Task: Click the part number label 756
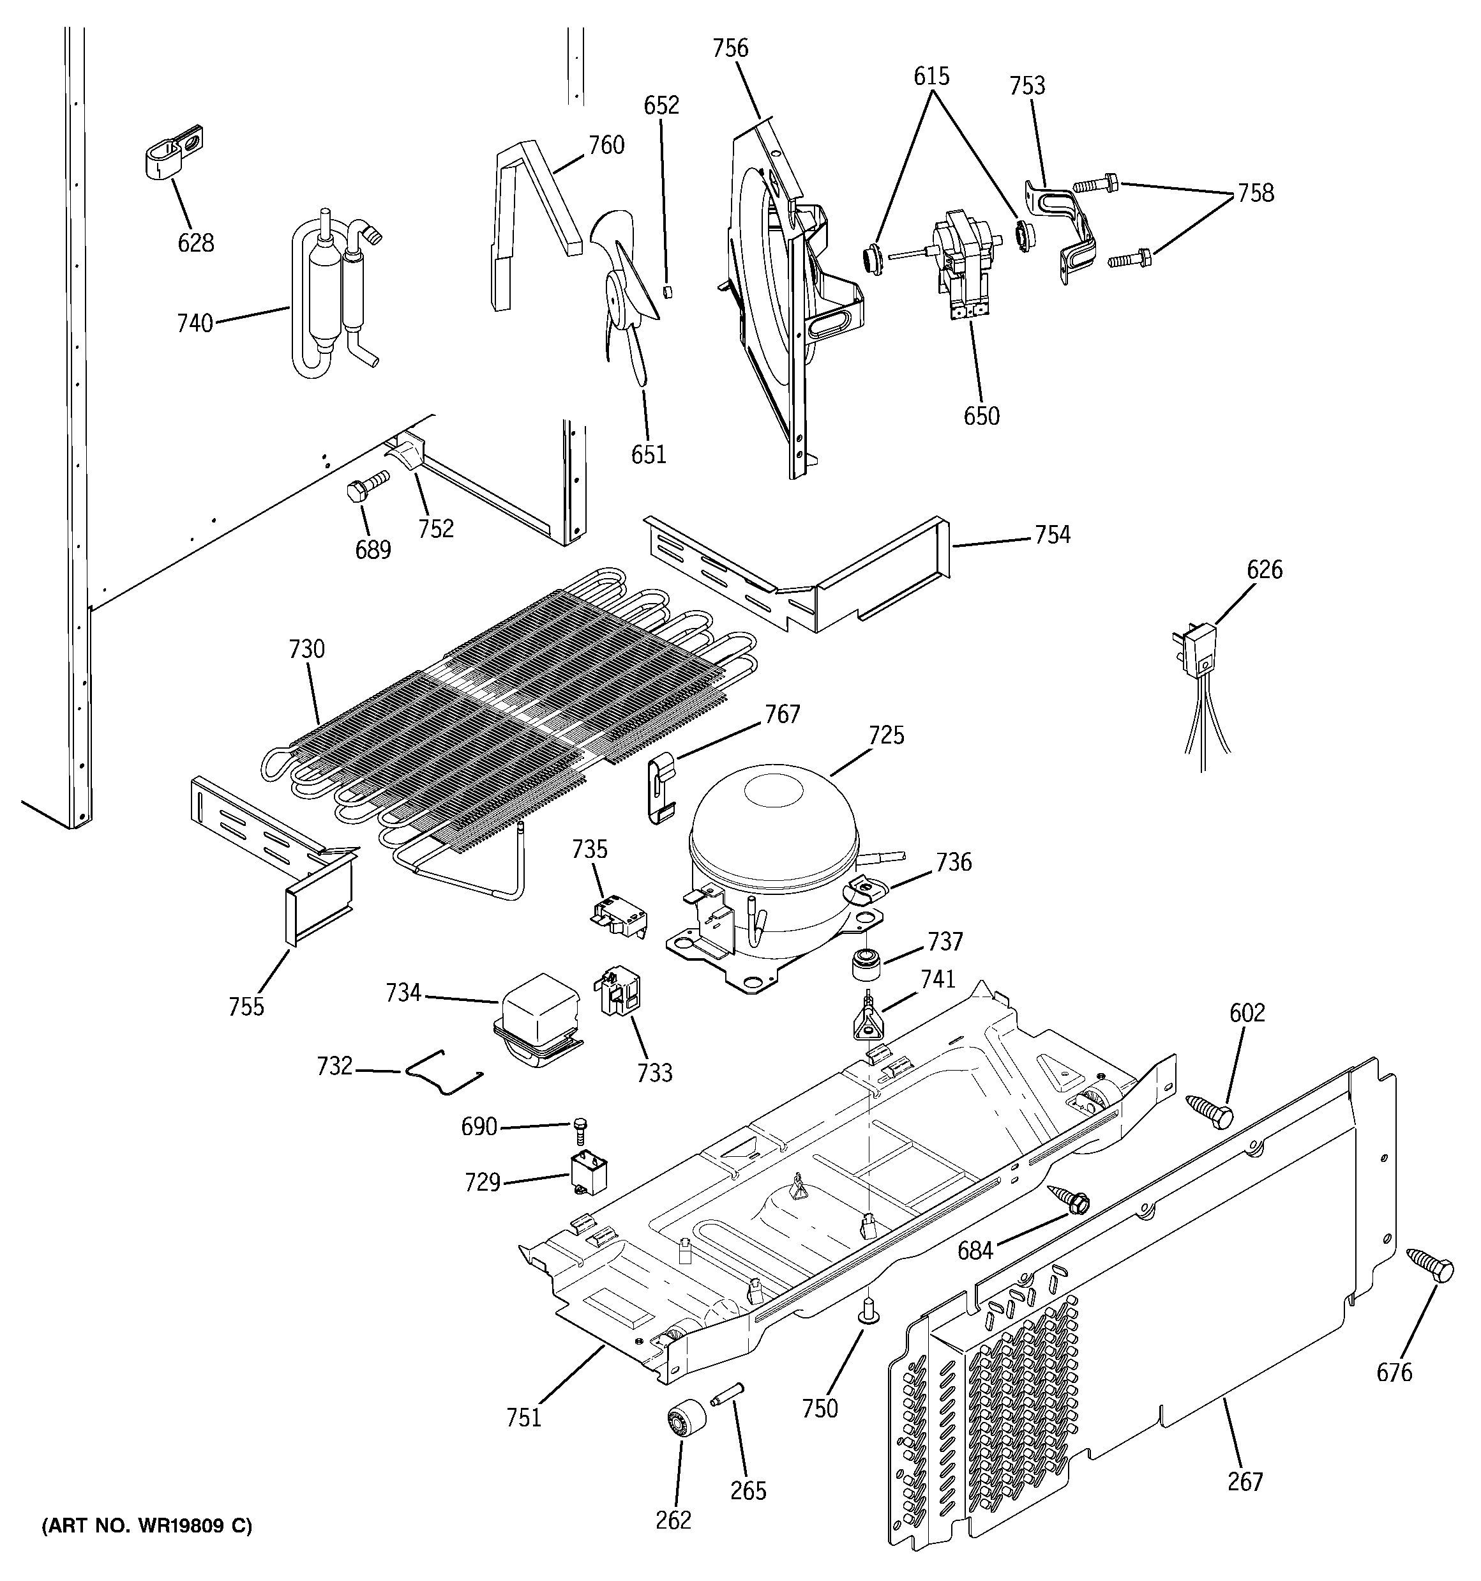click(x=730, y=49)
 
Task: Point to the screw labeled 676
click(x=1431, y=1266)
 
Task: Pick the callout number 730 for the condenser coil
click(x=307, y=650)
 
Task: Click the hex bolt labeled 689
click(x=367, y=485)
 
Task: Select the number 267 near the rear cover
click(x=1245, y=1481)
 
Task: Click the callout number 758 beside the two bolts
click(x=1255, y=194)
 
